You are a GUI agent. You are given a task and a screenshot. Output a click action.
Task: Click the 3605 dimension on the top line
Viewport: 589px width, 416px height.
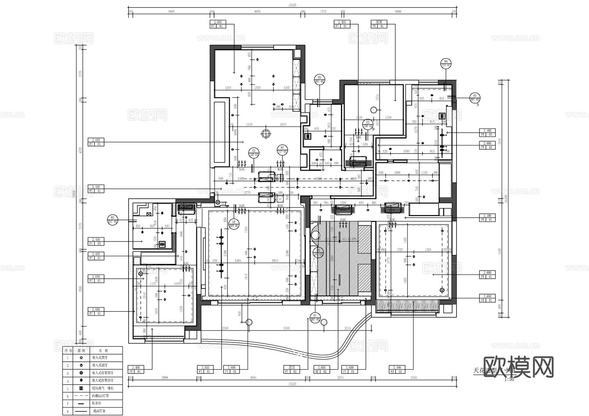coord(171,11)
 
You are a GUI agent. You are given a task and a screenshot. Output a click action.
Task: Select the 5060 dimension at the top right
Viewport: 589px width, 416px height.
coord(398,11)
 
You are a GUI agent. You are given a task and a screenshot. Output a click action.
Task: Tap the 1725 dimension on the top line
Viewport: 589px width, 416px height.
coord(323,11)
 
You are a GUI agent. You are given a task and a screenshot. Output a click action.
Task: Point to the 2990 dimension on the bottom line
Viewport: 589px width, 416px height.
coord(164,377)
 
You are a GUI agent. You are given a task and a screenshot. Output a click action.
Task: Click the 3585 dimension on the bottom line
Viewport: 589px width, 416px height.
coord(414,377)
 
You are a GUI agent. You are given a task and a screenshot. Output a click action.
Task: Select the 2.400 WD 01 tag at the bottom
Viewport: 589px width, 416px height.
coord(397,369)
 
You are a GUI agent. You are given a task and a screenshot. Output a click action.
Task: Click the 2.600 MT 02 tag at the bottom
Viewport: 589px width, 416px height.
coord(321,369)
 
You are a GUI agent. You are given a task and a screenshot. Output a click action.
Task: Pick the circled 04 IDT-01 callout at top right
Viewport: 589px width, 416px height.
coord(446,63)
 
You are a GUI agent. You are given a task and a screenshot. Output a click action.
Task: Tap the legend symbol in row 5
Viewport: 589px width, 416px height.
coord(81,389)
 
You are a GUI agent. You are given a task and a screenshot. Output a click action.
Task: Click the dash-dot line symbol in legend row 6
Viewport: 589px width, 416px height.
coord(81,396)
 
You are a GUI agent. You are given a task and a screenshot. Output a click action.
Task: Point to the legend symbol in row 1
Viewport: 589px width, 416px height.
coord(81,358)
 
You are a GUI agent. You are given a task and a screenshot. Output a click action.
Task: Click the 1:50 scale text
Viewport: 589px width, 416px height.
coord(509,379)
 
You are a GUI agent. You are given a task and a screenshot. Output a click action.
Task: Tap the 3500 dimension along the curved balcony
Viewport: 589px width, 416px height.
coord(286,328)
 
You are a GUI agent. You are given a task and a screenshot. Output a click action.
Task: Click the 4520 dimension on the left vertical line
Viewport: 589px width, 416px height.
coord(80,150)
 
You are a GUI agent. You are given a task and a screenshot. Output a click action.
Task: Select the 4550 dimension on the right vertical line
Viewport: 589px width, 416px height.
coord(499,252)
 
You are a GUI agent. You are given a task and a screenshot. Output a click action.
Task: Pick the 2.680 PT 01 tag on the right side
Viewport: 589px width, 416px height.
coord(487,298)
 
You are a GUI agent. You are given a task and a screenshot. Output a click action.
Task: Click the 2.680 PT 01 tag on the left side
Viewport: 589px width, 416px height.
coord(96,311)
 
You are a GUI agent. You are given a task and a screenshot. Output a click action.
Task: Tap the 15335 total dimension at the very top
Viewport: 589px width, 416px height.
coord(292,5)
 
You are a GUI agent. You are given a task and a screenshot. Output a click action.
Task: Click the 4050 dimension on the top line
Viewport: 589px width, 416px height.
coord(257,11)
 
